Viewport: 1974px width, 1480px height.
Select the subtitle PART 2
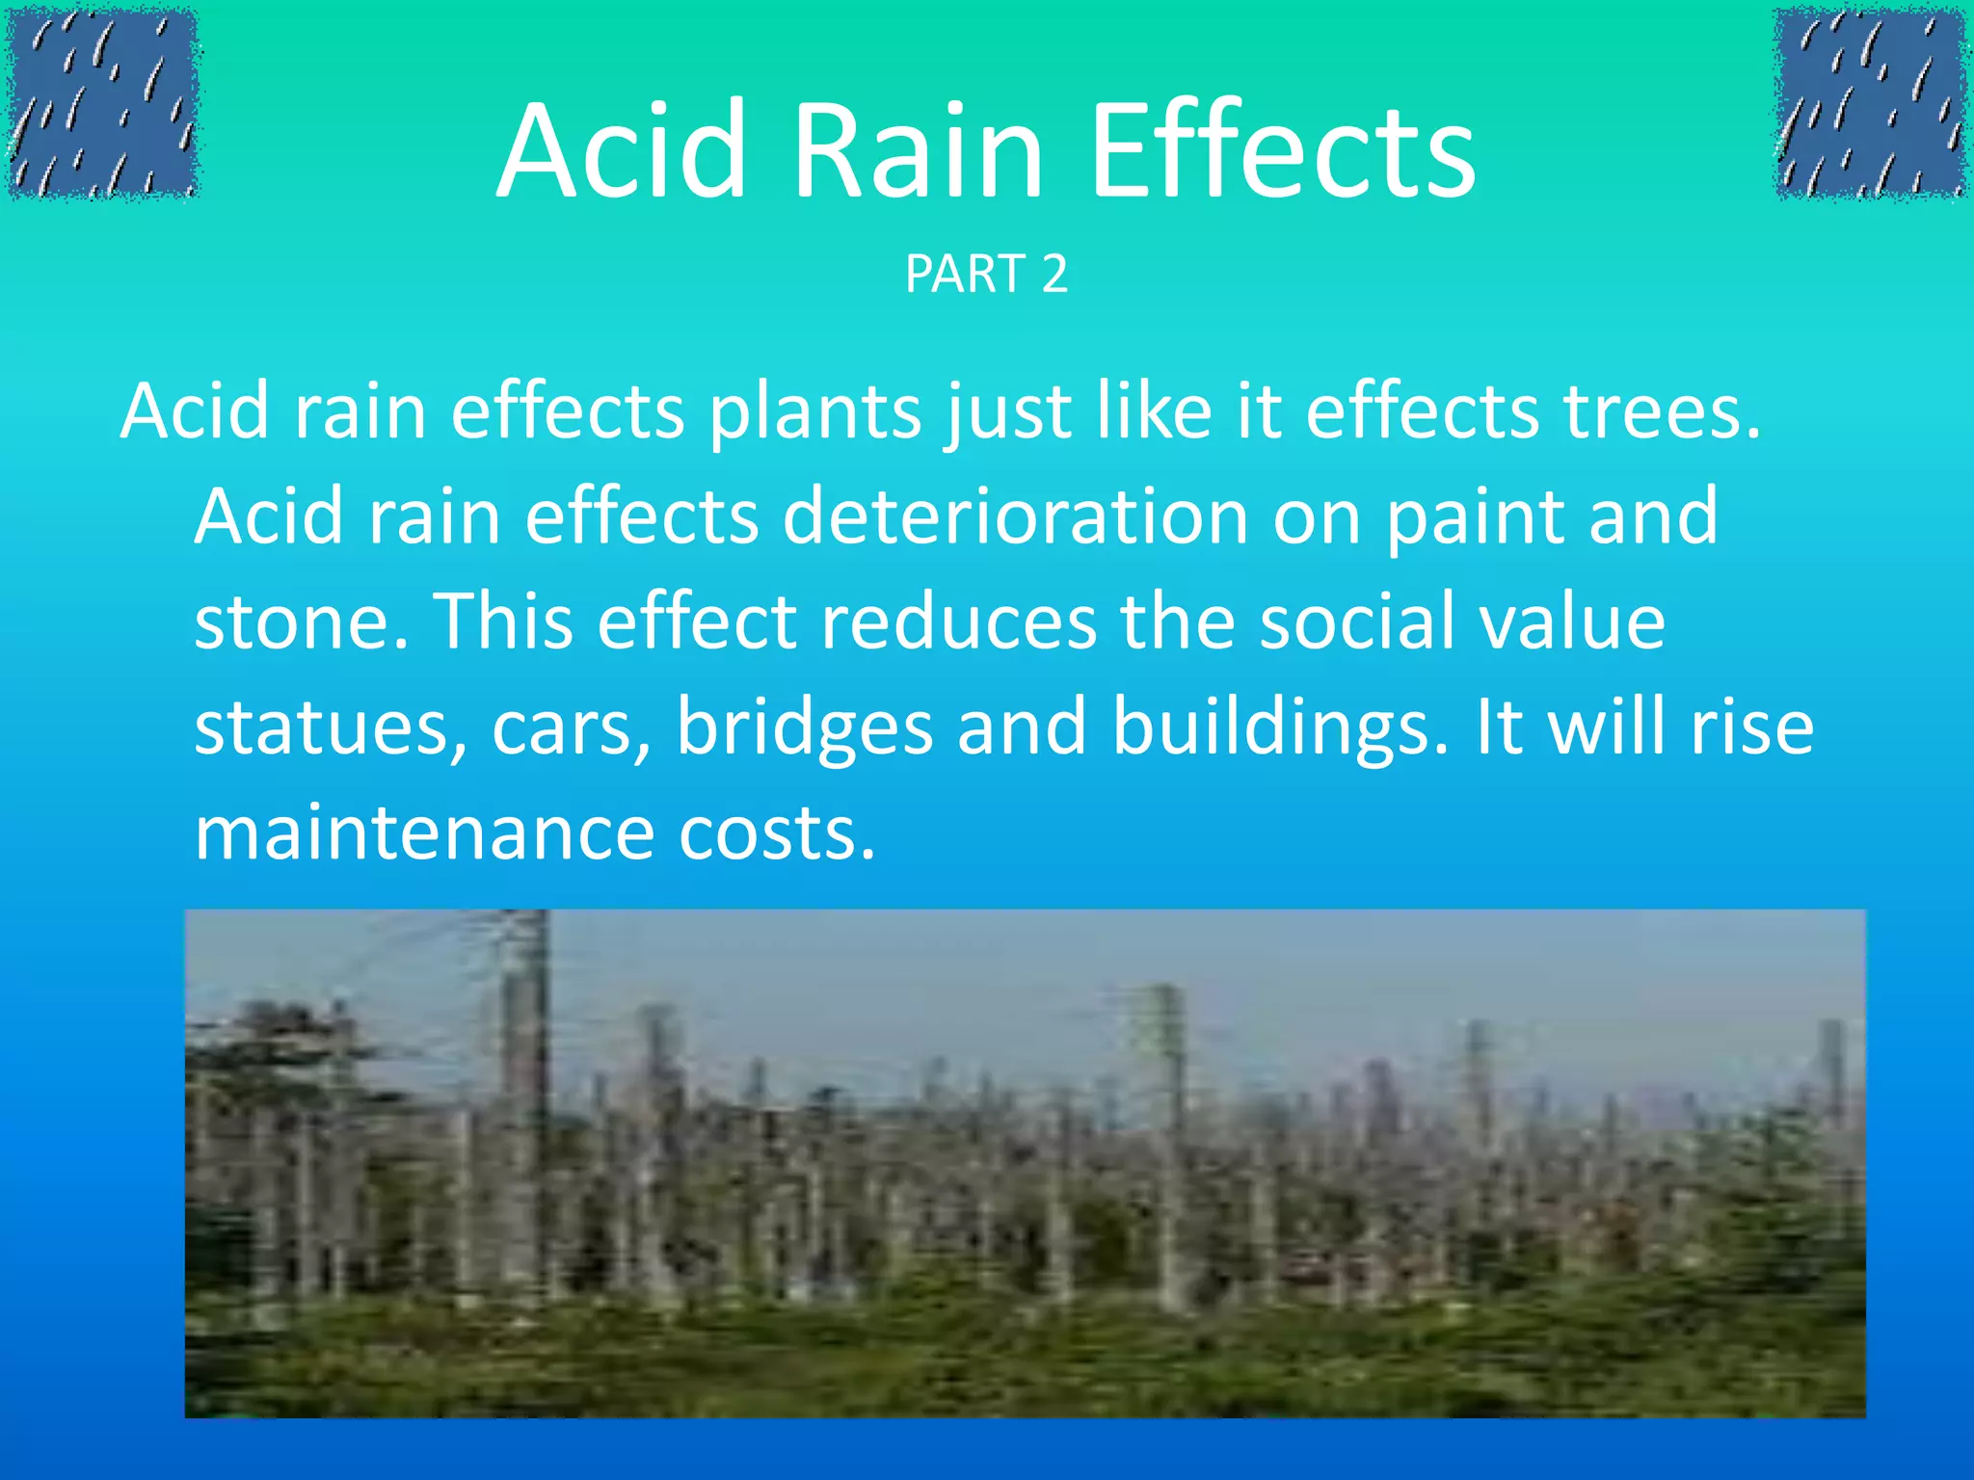pos(986,275)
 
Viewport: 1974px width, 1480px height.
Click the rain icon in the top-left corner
pos(101,103)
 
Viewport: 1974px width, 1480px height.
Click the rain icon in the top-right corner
pos(1870,103)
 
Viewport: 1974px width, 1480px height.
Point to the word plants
pos(815,412)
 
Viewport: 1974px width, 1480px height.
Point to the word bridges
pos(804,728)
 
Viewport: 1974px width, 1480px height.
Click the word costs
pos(776,833)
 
